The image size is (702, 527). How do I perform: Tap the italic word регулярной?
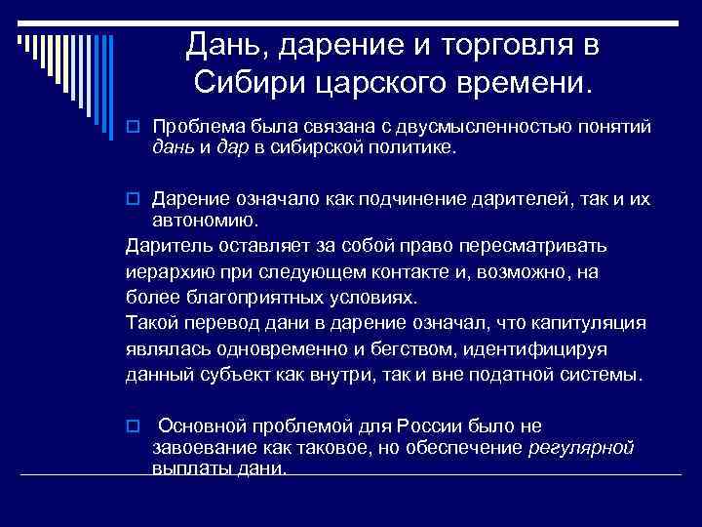click(x=580, y=447)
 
